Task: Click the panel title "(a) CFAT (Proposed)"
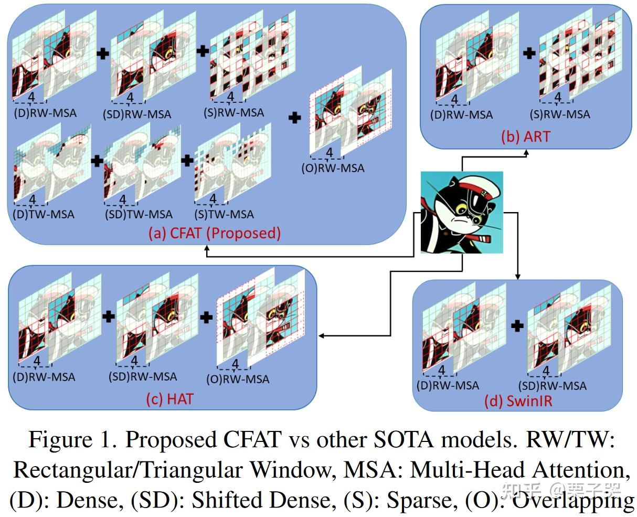[225, 233]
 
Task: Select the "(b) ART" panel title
[525, 136]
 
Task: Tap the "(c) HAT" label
[169, 398]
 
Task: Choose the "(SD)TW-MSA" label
[138, 214]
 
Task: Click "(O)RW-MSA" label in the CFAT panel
[332, 168]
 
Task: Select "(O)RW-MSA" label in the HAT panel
[237, 378]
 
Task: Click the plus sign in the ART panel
[529, 52]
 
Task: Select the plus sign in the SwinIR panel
[517, 325]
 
